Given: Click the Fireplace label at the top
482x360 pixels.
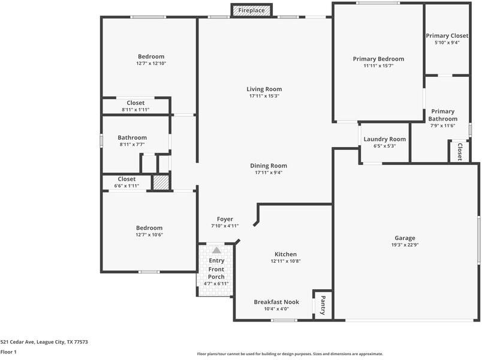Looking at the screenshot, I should (x=252, y=11).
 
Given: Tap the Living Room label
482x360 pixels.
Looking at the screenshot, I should (x=264, y=89).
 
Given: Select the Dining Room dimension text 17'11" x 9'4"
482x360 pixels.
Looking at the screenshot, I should (x=268, y=173).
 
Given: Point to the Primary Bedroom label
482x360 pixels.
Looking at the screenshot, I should (x=378, y=59).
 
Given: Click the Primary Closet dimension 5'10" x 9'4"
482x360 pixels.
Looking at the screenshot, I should (x=447, y=43).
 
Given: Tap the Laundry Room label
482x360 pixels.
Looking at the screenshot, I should (x=384, y=139).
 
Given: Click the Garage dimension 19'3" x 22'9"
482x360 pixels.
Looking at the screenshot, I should (x=405, y=245).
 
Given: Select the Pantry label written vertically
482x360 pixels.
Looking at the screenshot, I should (x=323, y=304).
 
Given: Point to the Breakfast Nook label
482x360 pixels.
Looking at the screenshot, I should (x=276, y=302).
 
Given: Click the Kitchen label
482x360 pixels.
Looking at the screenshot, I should (x=285, y=254).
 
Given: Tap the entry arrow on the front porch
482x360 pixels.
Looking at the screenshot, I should (x=216, y=250).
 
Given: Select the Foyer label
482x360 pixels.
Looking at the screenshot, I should (x=225, y=219).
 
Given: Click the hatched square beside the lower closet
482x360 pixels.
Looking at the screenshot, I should (x=161, y=182).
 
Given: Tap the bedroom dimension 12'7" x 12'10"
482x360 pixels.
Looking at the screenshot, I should (x=150, y=63).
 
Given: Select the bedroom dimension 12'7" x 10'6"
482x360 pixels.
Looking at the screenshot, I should (x=149, y=235).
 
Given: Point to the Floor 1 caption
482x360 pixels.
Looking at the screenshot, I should (x=8, y=352).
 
